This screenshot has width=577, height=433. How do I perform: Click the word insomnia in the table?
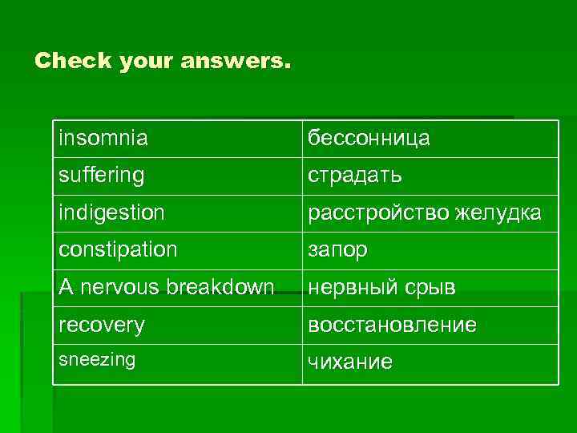(103, 138)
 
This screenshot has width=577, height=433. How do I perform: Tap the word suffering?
(101, 175)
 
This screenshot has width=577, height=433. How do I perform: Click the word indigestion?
(111, 212)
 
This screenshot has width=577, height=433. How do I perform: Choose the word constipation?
(118, 249)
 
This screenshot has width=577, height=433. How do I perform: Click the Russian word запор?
(338, 250)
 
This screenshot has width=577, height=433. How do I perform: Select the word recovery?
(101, 325)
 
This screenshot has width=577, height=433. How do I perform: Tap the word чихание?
(351, 362)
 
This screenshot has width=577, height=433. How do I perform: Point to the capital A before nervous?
(64, 287)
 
